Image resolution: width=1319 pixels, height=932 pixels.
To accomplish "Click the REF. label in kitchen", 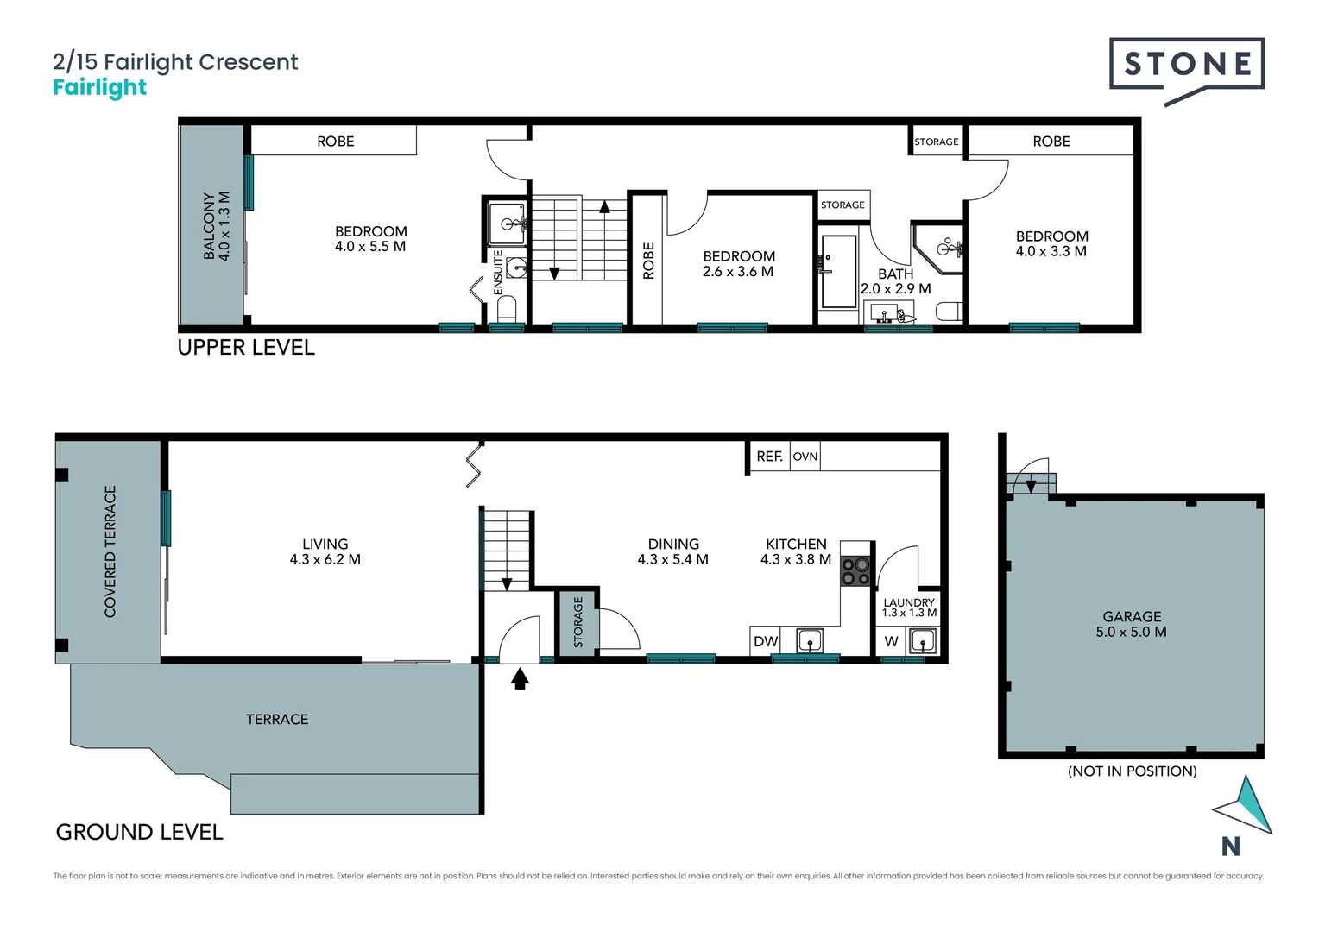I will (x=769, y=457).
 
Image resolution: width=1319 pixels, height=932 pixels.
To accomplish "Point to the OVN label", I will (x=805, y=457).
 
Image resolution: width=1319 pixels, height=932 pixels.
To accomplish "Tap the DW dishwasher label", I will (x=766, y=641).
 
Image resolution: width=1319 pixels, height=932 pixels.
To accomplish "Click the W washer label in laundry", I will (x=891, y=641).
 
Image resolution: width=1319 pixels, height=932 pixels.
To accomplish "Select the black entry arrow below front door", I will (x=520, y=679).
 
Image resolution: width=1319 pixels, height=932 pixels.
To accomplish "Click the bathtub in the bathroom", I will (x=838, y=271).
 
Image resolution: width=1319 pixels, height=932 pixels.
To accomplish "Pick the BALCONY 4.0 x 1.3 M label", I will (x=217, y=226).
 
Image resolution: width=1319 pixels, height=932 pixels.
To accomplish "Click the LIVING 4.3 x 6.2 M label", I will (x=325, y=551).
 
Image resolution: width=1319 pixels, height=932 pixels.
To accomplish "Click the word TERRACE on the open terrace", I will (x=277, y=719).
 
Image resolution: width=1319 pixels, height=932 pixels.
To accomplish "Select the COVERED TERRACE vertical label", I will (x=110, y=551).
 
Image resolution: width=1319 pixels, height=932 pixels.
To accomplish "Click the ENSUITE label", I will (x=498, y=273).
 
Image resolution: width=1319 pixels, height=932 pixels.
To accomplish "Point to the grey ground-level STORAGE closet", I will (x=577, y=623).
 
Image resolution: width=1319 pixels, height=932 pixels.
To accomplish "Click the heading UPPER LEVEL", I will (x=246, y=348).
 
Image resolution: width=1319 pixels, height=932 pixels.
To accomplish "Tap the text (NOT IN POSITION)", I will (x=1132, y=771).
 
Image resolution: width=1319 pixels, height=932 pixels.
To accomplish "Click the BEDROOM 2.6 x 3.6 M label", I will (x=738, y=264).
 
